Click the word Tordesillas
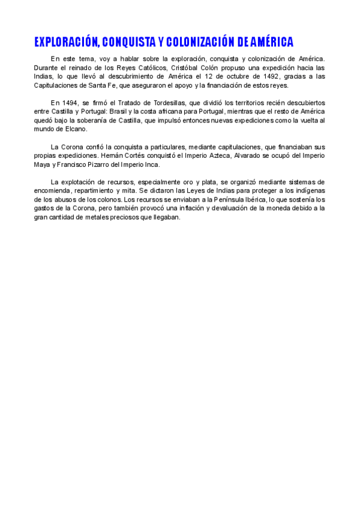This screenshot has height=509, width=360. tap(166, 103)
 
